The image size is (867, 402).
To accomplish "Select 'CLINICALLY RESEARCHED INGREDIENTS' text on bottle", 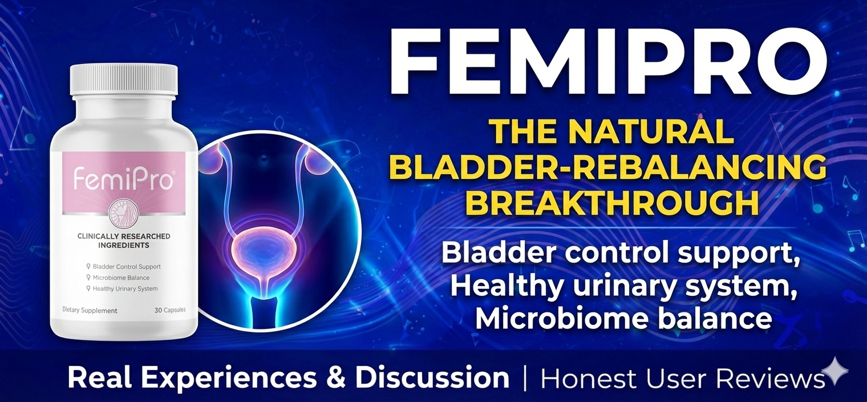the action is click(x=124, y=241).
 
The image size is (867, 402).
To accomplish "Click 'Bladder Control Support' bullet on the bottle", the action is click(x=123, y=267).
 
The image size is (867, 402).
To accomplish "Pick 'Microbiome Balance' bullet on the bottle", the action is click(x=118, y=278).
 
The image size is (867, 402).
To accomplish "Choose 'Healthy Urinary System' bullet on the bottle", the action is click(x=122, y=289).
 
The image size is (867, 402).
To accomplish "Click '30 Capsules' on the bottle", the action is click(x=170, y=310).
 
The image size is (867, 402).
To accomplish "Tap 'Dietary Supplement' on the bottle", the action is click(x=90, y=311).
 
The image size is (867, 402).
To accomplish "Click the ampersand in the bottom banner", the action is click(x=335, y=377).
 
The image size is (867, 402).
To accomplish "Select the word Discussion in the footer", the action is click(x=432, y=377).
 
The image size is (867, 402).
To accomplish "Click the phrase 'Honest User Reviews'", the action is click(x=683, y=377).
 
